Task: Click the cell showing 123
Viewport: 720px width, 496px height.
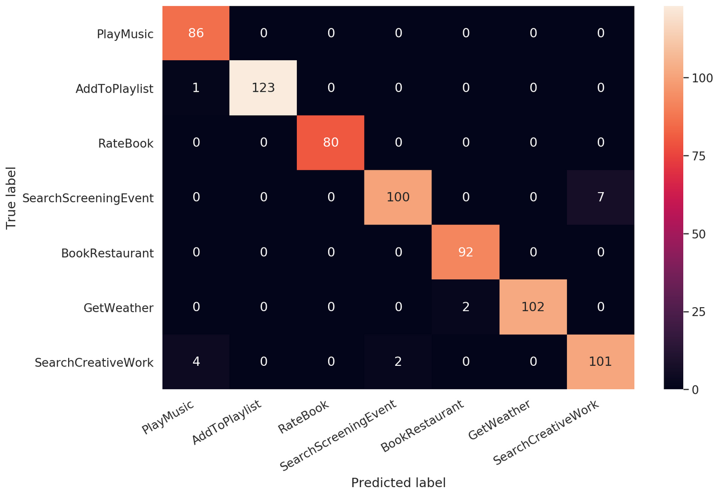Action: coord(263,88)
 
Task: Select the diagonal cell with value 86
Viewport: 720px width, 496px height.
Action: coord(196,33)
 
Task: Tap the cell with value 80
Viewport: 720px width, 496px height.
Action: coord(330,142)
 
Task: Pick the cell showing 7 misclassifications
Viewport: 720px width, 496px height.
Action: coord(600,197)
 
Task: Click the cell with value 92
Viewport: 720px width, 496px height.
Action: coord(465,252)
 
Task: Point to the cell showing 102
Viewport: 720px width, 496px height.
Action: coord(533,307)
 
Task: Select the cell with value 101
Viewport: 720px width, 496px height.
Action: coord(600,361)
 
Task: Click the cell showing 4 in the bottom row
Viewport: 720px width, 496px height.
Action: coord(196,361)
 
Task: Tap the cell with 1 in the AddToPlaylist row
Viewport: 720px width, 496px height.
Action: coord(196,88)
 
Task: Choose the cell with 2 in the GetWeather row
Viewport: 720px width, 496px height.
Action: coord(465,307)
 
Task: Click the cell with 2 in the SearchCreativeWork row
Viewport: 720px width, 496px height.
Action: coord(398,361)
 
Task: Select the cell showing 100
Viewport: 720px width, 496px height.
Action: coord(398,197)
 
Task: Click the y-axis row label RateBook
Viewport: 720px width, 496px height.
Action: coord(126,143)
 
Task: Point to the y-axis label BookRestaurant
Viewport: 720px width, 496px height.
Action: coord(107,253)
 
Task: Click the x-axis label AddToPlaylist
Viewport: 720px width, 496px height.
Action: coord(226,423)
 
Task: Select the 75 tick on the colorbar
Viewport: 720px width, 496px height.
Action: coord(698,156)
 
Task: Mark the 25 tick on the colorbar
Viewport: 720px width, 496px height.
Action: coord(698,312)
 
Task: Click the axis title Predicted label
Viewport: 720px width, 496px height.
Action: coord(398,483)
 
